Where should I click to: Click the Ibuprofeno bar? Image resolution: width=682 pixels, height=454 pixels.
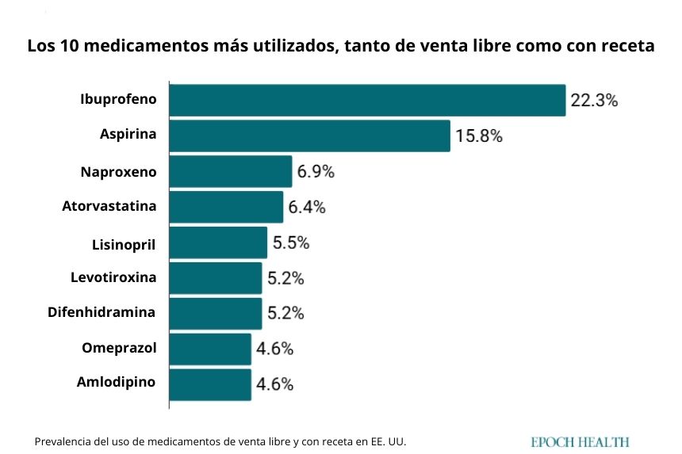(367, 101)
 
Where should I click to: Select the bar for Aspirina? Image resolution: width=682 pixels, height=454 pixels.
(309, 135)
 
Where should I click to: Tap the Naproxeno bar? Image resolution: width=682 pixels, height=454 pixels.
(231, 171)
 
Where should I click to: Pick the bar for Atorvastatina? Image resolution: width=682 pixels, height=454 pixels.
(226, 207)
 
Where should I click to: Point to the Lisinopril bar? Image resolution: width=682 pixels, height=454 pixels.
(218, 242)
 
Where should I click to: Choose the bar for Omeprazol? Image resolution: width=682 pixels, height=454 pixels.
(210, 349)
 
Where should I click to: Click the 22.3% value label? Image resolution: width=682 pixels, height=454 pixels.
(594, 101)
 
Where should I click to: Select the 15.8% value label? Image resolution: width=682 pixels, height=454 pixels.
(479, 136)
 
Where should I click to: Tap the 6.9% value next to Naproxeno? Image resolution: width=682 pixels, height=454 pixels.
(316, 171)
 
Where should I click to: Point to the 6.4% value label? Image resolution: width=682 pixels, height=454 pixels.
(308, 208)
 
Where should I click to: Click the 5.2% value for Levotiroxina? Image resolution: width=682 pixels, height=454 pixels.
(285, 278)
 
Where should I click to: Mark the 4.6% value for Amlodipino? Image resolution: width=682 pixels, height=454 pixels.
(275, 385)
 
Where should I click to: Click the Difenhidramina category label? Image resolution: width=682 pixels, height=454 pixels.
(102, 312)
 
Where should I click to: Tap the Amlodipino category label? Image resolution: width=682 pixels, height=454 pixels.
(116, 382)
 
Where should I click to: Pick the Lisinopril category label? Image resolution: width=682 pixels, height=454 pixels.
(124, 243)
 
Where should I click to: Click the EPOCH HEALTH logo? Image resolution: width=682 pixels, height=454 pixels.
(580, 442)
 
